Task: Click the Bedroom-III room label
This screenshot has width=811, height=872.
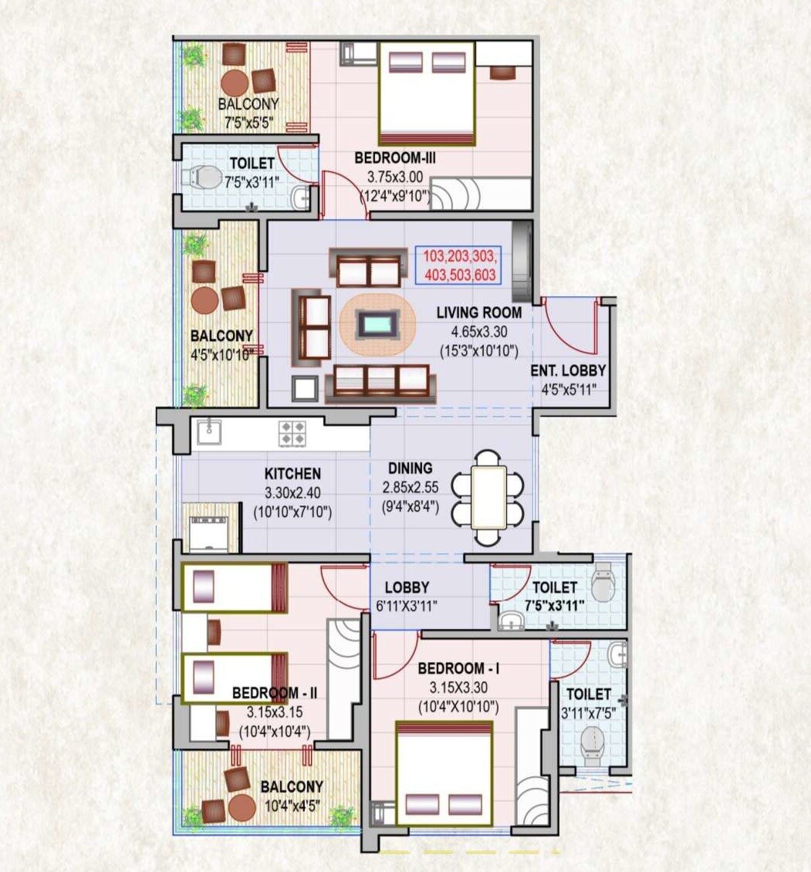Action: (391, 157)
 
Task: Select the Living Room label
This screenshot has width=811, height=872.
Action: (478, 313)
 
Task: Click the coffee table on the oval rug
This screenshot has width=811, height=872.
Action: (377, 323)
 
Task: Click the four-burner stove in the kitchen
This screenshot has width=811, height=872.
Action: (291, 432)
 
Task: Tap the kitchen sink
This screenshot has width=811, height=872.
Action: (208, 431)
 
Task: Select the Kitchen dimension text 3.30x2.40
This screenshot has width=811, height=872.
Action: (292, 492)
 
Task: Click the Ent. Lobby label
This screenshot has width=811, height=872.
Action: (568, 370)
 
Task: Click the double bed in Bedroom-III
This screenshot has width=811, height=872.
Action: (426, 93)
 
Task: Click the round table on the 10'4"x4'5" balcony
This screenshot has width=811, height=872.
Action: (242, 806)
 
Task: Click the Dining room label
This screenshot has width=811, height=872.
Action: (411, 468)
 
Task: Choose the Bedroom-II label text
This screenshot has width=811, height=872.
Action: (275, 693)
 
